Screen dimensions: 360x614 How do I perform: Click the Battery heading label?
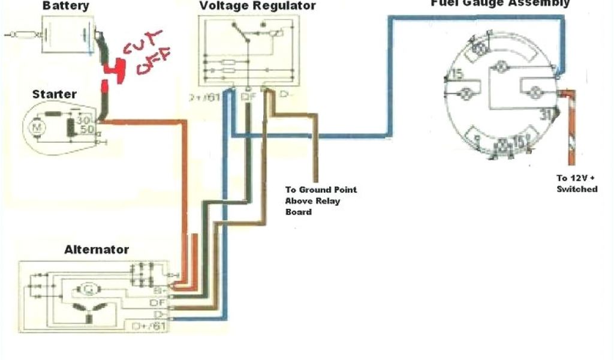pos(66,6)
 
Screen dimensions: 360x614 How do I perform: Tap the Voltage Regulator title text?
pos(257,6)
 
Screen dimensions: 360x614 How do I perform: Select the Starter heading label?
pos(54,94)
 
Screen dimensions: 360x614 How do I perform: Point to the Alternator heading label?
pos(97,250)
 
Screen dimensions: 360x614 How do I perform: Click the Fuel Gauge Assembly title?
pos(500,4)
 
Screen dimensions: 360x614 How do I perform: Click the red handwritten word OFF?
pos(152,61)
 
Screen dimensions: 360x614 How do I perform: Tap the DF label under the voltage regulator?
pos(248,96)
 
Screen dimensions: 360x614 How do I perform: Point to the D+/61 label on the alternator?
pos(149,326)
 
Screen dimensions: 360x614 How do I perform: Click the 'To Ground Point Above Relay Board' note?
pos(320,200)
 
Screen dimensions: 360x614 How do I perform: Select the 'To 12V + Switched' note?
pos(576,184)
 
